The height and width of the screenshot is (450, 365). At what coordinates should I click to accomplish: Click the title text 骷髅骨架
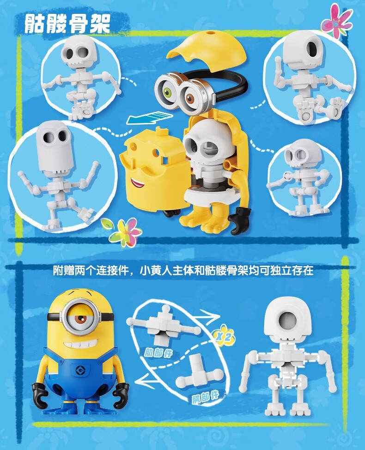tap(68, 24)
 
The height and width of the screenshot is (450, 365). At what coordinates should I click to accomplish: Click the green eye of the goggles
tap(168, 92)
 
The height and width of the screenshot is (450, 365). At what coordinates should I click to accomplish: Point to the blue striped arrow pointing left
tap(149, 118)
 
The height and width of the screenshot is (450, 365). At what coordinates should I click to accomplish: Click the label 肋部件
tap(158, 352)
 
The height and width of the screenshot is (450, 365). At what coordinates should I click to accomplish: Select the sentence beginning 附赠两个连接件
tap(183, 271)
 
